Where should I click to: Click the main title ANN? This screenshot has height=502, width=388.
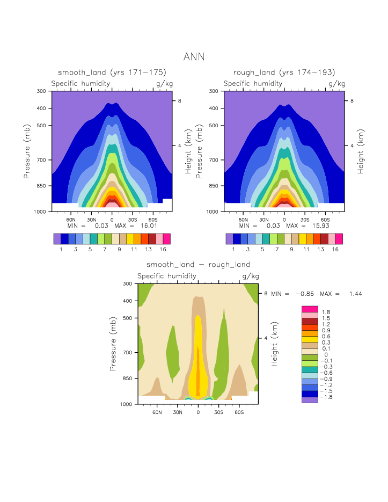pos(194,57)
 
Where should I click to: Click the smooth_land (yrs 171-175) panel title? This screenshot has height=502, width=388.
pos(112,72)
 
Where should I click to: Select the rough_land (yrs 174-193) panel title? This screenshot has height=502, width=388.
pos(284,72)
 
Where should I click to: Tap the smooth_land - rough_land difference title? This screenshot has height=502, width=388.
pos(198,265)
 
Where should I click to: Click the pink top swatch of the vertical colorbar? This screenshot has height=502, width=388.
pos(310,309)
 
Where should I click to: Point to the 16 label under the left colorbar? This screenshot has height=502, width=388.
pos(166,250)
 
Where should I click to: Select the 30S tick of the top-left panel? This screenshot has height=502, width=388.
pos(132,220)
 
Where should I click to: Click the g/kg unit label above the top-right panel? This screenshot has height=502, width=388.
pos(336,84)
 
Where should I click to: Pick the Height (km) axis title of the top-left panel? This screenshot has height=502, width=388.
pos(188,151)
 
